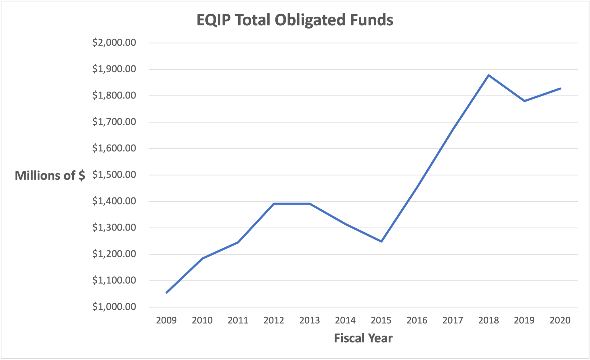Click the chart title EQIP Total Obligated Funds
tap(295, 20)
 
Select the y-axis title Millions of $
tap(50, 175)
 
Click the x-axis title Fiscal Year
tap(363, 338)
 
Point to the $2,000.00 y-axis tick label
tap(114, 43)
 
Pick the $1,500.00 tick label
tap(114, 175)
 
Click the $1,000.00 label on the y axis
tap(114, 307)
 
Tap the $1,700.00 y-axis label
tap(114, 122)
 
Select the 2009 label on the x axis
tap(166, 320)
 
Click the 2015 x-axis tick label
tap(381, 320)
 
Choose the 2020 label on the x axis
tap(560, 320)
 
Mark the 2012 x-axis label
tap(274, 320)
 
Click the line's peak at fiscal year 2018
tap(489, 75)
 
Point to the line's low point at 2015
tap(381, 241)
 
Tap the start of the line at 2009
tap(167, 293)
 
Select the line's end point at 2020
tap(560, 88)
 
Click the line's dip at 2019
tap(524, 101)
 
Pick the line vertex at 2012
tap(274, 204)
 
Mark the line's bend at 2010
tap(202, 258)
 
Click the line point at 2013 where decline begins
tap(310, 204)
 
